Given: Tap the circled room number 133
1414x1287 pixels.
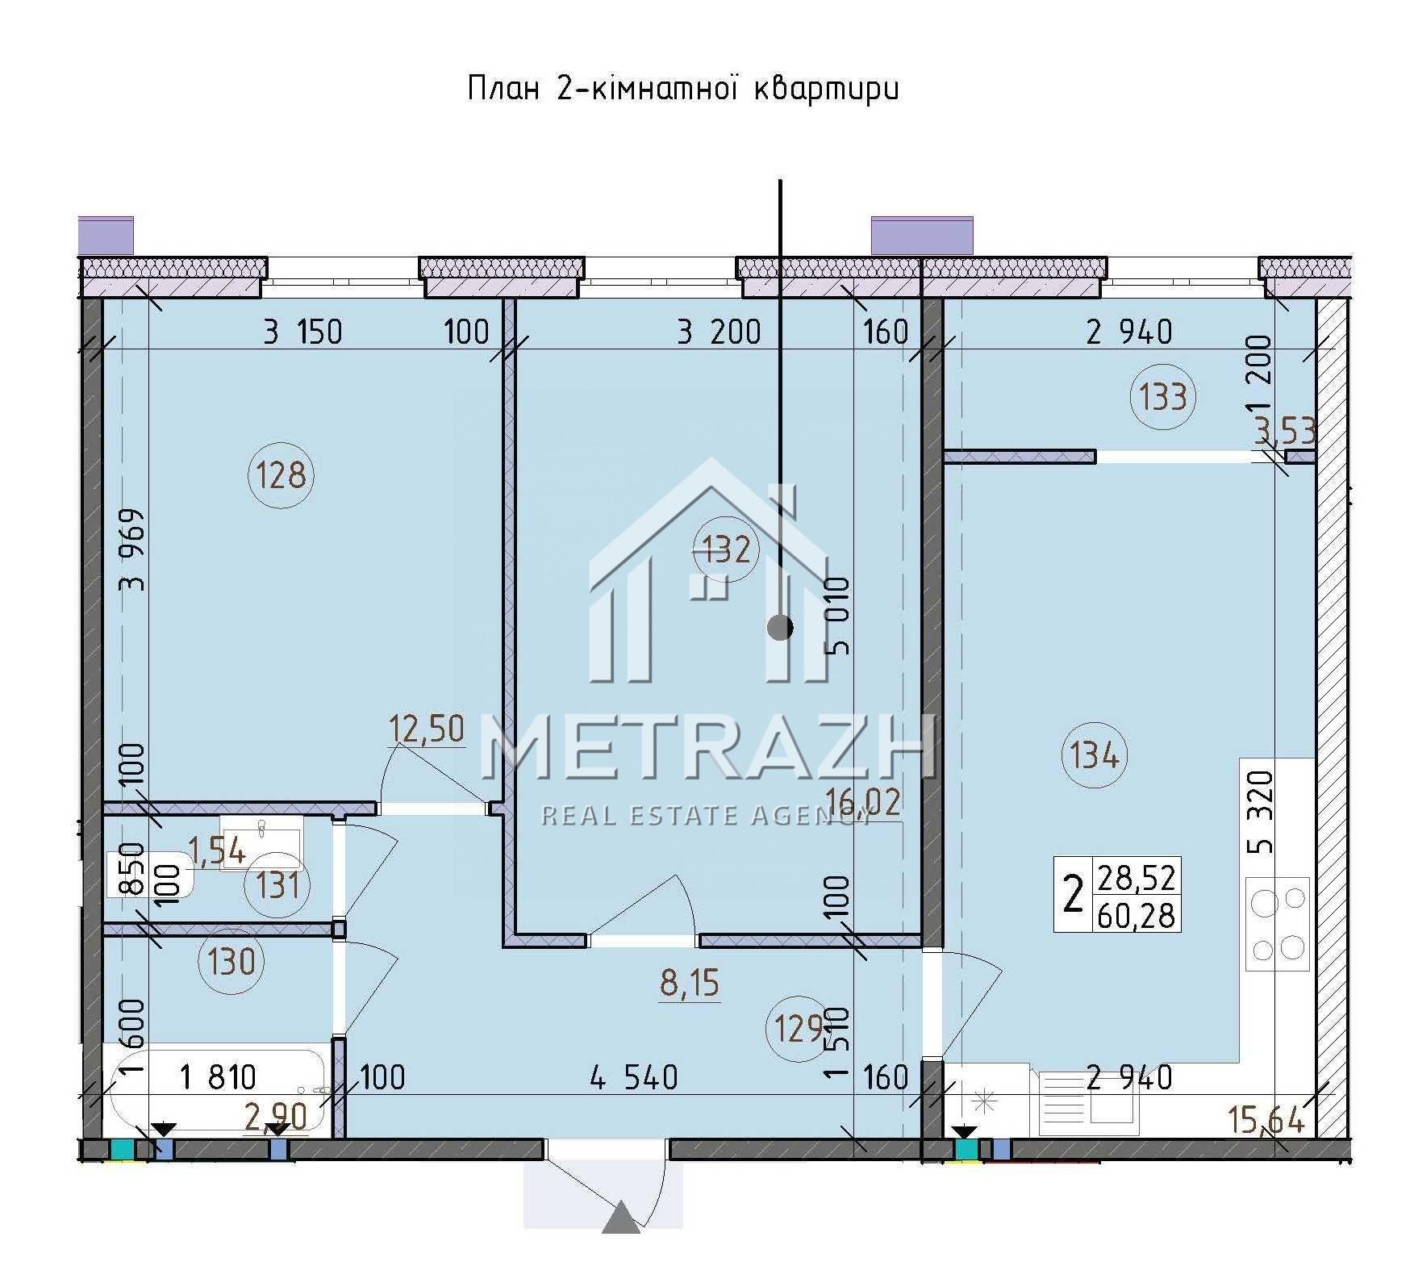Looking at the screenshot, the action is click(1163, 397).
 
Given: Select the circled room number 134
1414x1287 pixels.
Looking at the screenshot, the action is click(1095, 756).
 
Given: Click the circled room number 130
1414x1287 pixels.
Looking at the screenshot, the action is click(231, 962).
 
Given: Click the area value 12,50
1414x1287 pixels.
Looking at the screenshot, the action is click(427, 729).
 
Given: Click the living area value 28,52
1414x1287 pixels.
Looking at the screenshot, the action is click(1136, 877).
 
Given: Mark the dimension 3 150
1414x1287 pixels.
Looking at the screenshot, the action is click(303, 332).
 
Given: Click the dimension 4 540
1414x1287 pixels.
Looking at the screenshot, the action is click(634, 1077).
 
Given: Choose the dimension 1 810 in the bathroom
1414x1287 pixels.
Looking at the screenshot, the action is click(218, 1077).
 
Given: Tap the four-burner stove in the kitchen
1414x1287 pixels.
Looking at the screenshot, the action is click(1278, 923).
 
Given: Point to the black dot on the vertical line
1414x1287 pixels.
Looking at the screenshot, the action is click(779, 628).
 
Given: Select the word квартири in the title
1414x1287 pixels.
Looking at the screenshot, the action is click(826, 90).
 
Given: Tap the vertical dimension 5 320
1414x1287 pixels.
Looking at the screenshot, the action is click(1261, 813).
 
